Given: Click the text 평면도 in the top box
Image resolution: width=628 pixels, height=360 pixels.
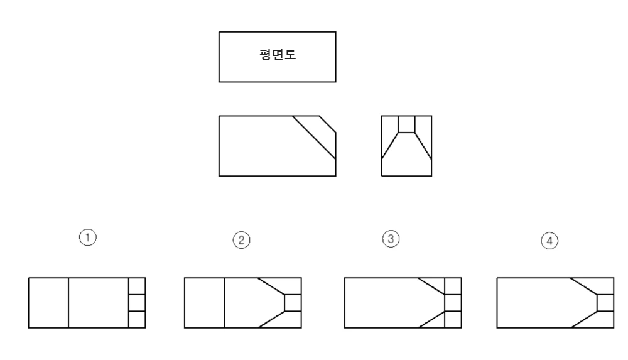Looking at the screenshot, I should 277,56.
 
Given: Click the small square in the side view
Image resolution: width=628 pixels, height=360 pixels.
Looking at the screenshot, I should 406,124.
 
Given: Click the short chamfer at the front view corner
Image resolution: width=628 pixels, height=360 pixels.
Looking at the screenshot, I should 328,124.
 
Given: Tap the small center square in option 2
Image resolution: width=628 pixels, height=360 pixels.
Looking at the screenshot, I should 293,302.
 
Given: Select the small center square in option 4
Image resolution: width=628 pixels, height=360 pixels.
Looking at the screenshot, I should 605,302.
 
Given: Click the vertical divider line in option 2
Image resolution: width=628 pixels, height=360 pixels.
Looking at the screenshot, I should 224,302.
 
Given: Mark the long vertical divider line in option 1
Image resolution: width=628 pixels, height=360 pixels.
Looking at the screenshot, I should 68,302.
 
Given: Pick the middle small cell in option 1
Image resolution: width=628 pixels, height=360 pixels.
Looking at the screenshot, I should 137,302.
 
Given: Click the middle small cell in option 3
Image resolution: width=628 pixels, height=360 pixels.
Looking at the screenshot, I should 452,302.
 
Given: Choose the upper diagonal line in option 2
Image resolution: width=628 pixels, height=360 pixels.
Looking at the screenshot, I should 271,285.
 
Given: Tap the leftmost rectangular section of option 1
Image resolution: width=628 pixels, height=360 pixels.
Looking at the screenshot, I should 48,302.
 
